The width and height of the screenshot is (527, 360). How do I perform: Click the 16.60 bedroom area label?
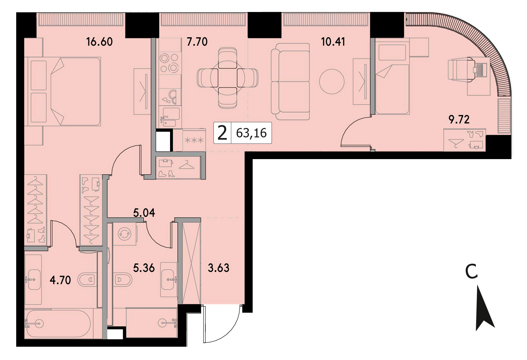point(99,42)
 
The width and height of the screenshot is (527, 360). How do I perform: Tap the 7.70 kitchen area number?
point(197,42)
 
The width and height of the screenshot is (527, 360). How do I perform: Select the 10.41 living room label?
point(333,42)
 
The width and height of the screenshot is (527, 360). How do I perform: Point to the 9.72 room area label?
point(459,120)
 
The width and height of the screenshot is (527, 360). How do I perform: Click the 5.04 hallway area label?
point(144,213)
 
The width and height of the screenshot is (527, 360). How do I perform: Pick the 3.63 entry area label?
point(218,268)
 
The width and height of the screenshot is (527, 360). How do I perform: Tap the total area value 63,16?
point(251,133)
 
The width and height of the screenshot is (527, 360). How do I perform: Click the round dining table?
point(227,78)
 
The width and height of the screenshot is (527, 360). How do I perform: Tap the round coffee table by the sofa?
point(332,81)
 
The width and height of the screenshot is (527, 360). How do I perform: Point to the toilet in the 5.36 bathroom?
point(122,280)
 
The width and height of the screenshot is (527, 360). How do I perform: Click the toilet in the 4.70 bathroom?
point(87,280)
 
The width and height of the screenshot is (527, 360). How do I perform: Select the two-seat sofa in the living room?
point(290,82)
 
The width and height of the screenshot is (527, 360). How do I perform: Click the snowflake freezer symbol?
point(194,141)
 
